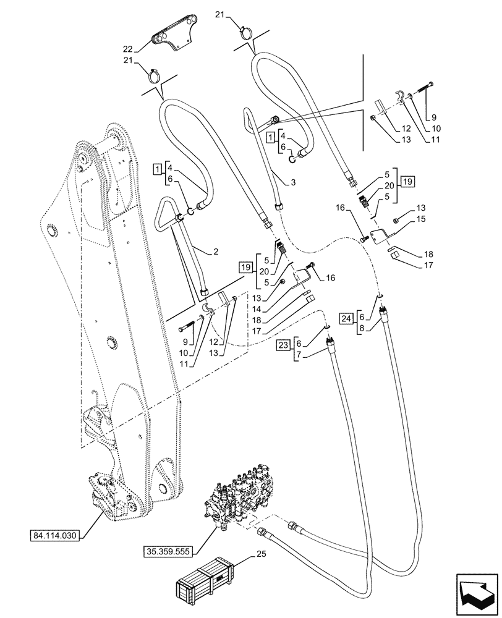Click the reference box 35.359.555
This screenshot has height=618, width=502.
(x=170, y=549)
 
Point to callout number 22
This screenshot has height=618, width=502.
(x=127, y=49)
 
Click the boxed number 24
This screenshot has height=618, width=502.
(x=347, y=318)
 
